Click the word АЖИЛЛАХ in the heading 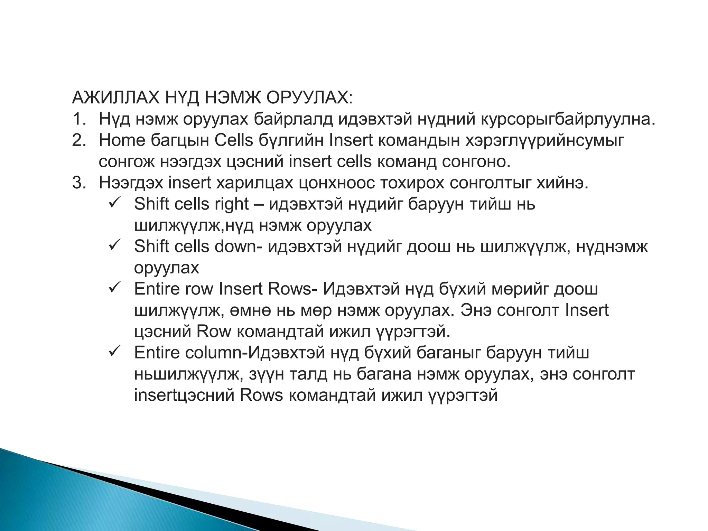pos(115,98)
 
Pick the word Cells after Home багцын pos(234,140)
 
